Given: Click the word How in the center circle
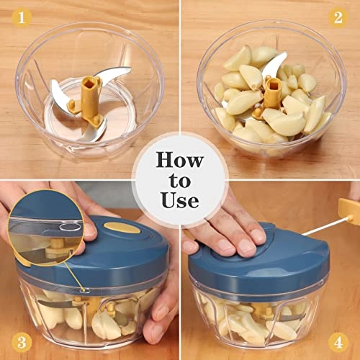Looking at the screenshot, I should click(179, 160).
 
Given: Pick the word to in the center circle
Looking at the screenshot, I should click(179, 180).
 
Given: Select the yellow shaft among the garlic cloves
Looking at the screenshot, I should click(272, 94).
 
